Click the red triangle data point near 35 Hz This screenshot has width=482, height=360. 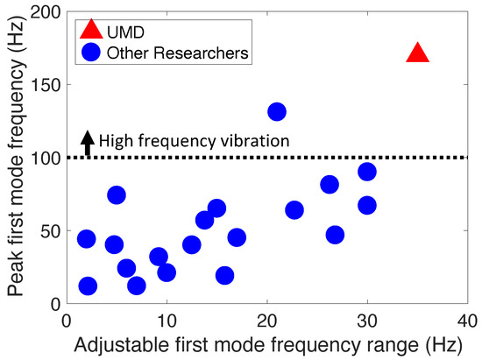(x=418, y=54)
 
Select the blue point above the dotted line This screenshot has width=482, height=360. (x=277, y=112)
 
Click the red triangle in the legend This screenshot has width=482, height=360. (x=90, y=31)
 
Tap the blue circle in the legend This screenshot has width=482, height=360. (x=90, y=54)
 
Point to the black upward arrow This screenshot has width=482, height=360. (x=87, y=142)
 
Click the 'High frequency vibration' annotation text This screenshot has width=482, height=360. (x=193, y=139)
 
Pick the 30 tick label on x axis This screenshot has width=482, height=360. (x=367, y=317)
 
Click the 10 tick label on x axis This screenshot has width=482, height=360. (x=166, y=317)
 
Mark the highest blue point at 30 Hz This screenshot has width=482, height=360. (x=367, y=172)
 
